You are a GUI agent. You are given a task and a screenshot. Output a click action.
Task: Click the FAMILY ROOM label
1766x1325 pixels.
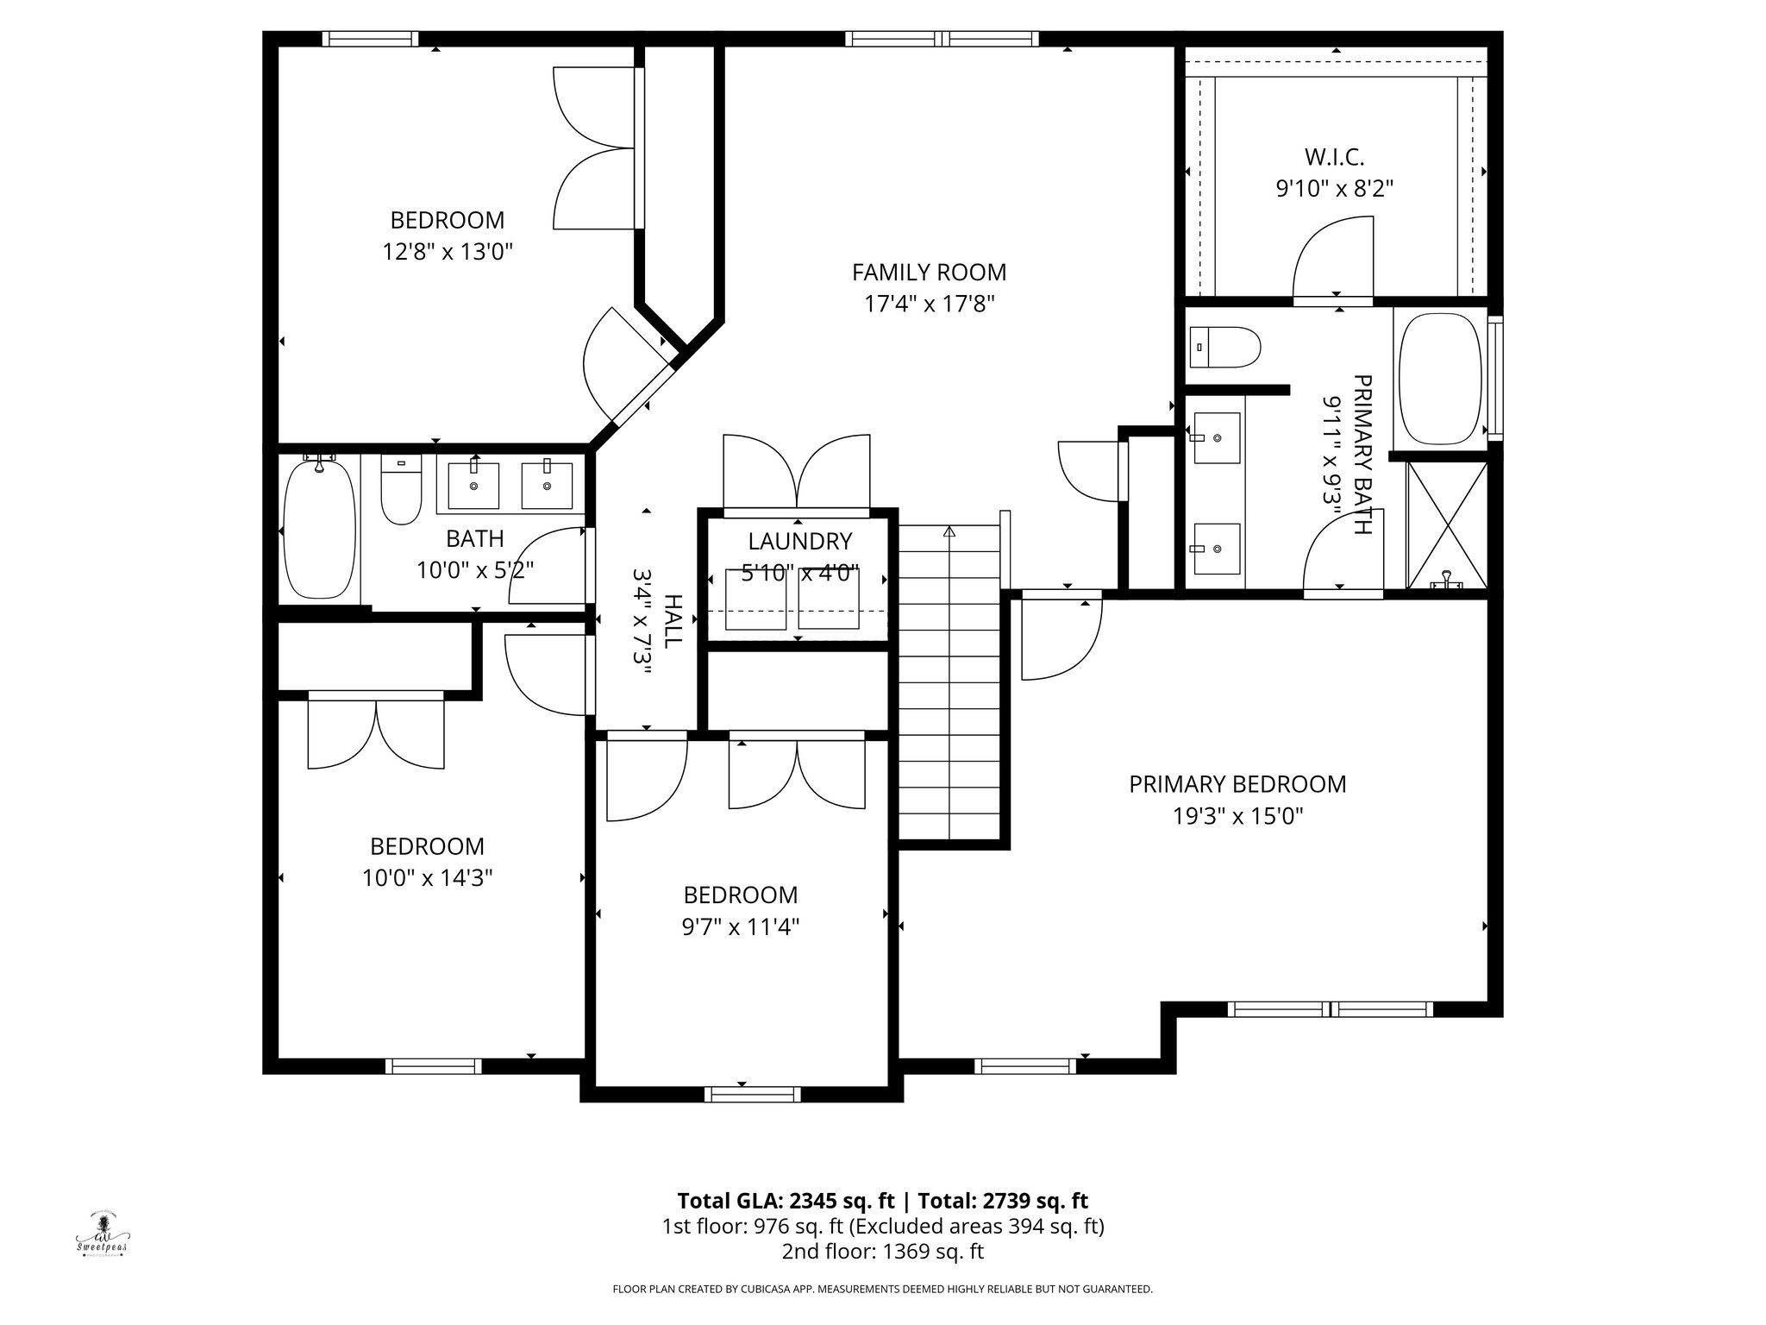pos(929,273)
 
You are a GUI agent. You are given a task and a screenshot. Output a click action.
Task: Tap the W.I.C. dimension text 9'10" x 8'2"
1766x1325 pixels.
pos(1334,188)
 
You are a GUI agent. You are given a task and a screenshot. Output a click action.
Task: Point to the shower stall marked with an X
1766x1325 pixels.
pos(1447,525)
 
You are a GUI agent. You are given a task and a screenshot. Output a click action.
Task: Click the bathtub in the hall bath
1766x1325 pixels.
pos(319,528)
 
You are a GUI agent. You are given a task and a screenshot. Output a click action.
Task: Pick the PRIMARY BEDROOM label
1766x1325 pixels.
pos(1237,784)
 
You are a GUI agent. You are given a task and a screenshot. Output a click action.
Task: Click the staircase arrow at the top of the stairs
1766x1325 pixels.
pos(949,531)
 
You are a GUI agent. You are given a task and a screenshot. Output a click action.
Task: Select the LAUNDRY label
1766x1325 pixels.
pos(799,542)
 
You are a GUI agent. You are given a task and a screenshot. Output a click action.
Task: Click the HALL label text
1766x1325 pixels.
pos(673,620)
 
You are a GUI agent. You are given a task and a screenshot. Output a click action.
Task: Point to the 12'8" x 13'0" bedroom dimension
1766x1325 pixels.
pos(448,252)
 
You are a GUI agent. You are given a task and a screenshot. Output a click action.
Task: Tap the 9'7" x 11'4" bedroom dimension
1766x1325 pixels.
pos(740,927)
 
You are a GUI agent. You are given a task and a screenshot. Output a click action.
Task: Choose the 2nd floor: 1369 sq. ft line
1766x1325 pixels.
pos(882,1252)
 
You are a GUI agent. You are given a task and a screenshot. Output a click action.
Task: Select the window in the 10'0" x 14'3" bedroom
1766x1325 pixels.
pos(433,1066)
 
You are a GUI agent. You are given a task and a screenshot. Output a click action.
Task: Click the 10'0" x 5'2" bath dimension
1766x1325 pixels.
pos(475,570)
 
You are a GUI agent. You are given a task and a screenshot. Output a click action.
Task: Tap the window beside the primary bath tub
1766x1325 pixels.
pos(1496,380)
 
